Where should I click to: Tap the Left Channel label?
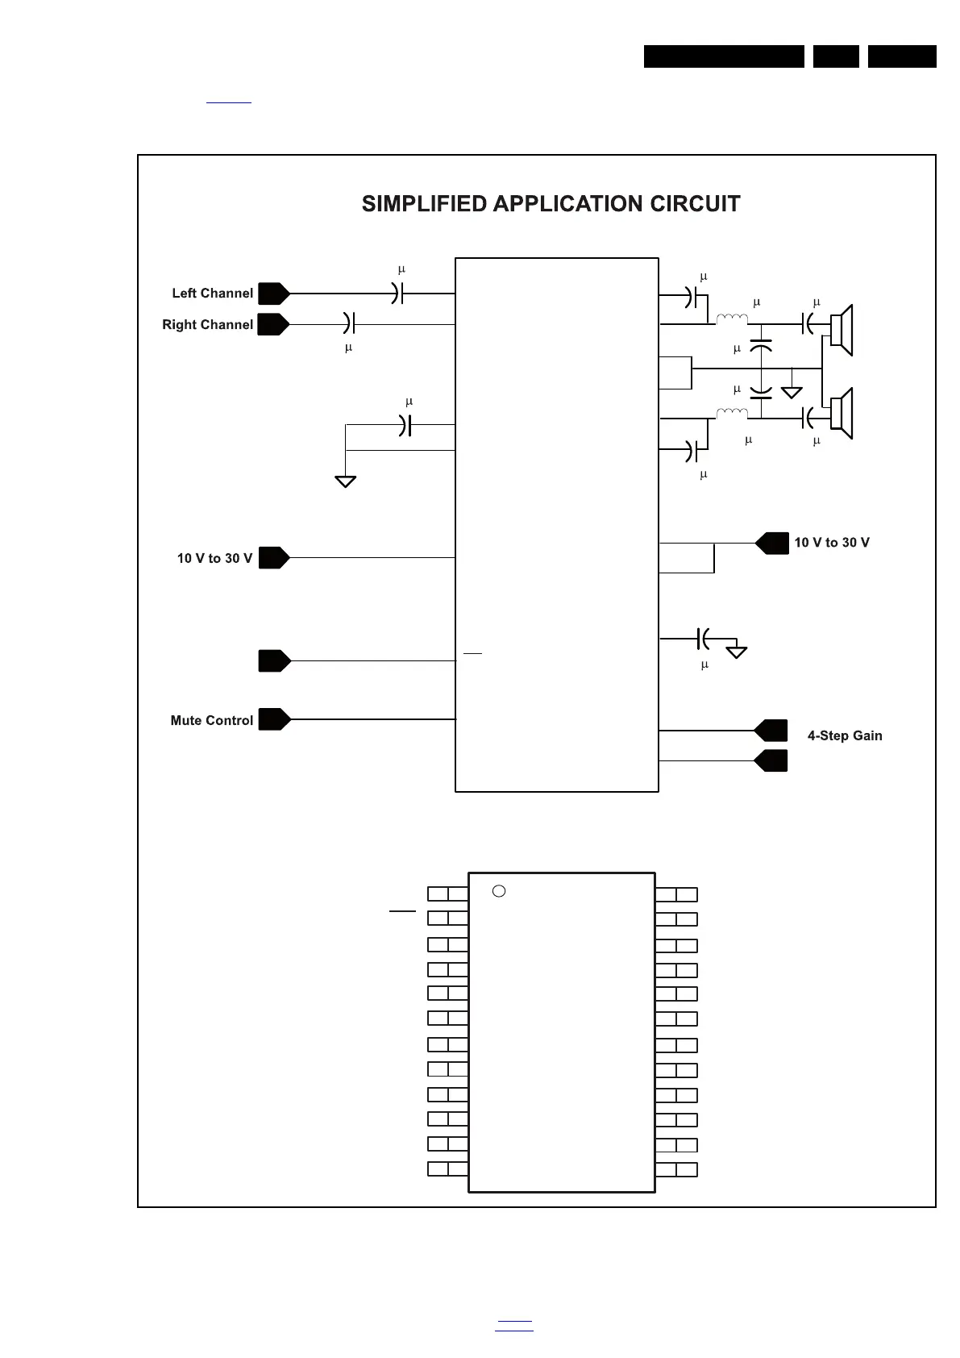coord(212,294)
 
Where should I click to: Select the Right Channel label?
coord(207,325)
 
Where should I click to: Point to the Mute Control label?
coord(211,720)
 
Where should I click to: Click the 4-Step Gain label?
coord(844,735)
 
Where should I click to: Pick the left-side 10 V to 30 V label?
coord(214,558)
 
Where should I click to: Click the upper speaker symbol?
coord(842,330)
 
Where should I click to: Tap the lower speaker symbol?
coord(842,414)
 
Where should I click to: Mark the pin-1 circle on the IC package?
coord(499,891)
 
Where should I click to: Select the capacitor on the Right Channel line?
coord(349,324)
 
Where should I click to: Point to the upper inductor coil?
coord(732,320)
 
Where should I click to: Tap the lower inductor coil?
coord(732,414)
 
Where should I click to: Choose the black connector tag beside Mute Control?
coord(274,719)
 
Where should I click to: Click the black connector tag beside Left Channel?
coord(274,294)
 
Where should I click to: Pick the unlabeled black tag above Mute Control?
coord(274,660)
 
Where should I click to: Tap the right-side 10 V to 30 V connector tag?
coord(772,544)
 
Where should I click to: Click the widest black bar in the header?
coord(724,56)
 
